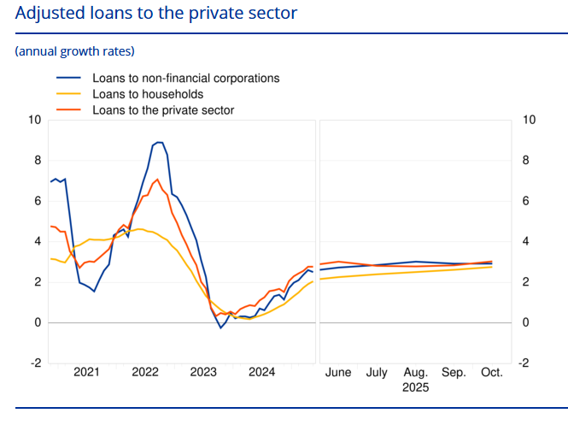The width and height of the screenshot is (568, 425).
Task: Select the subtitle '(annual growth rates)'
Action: click(74, 51)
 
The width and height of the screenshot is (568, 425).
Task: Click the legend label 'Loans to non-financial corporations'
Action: click(185, 78)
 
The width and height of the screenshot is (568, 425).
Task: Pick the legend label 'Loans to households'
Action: click(147, 94)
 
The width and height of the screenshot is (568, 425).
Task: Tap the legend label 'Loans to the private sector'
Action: click(162, 110)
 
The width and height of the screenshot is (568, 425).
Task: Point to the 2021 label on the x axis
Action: click(86, 373)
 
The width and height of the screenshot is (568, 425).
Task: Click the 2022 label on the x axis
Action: click(145, 373)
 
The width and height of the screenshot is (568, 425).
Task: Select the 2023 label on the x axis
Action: click(203, 373)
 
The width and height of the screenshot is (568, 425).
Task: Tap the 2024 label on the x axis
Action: click(261, 373)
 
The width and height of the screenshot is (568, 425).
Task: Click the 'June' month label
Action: click(339, 373)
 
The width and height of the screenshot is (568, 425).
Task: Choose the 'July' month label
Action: click(377, 373)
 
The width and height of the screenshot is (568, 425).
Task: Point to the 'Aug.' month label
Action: click(416, 373)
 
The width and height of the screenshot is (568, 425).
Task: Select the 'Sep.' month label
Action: click(454, 373)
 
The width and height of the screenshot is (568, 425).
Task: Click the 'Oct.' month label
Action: click(492, 373)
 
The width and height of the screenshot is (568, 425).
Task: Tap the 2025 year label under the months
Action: click(415, 387)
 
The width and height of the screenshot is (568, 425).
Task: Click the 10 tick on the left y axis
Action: click(34, 120)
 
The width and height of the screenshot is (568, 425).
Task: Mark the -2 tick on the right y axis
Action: click(527, 363)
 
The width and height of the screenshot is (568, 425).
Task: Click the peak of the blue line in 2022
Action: click(159, 142)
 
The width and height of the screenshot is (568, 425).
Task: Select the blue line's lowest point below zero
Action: click(220, 328)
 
